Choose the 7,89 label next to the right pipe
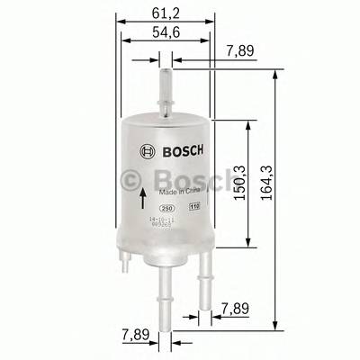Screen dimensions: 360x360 [x=238, y=310]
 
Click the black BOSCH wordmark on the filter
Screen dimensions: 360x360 [x=184, y=149]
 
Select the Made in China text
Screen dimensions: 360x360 [x=178, y=192]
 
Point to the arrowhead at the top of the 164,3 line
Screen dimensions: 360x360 [x=272, y=79]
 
